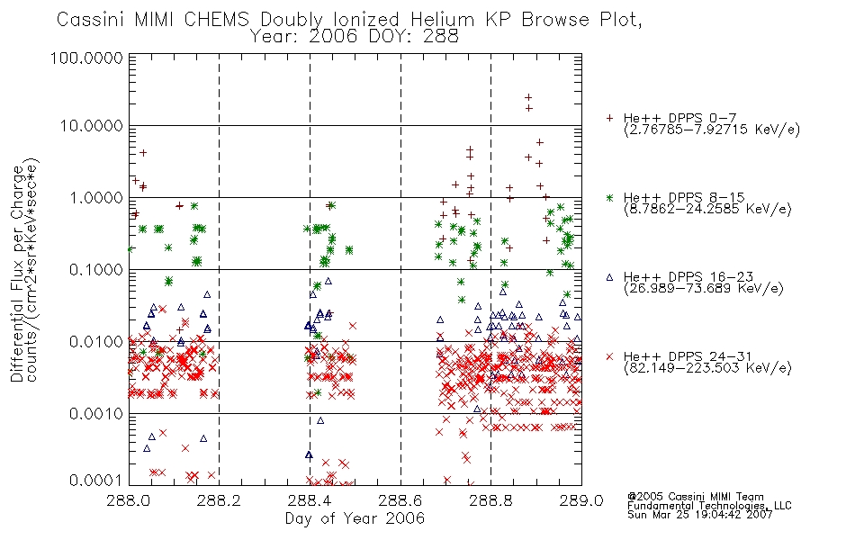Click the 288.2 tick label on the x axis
(220, 500)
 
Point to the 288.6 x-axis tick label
(400, 500)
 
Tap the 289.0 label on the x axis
(581, 500)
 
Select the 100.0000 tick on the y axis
(86, 58)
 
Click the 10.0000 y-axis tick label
(92, 126)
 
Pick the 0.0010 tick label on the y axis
(96, 414)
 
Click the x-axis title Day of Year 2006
(355, 518)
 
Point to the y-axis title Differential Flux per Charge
(18, 274)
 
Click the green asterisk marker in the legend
(609, 198)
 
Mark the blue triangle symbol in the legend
(609, 277)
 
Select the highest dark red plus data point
(527, 97)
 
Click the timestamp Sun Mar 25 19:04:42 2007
(700, 515)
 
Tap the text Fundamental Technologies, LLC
(709, 506)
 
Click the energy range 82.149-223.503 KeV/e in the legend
(707, 368)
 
